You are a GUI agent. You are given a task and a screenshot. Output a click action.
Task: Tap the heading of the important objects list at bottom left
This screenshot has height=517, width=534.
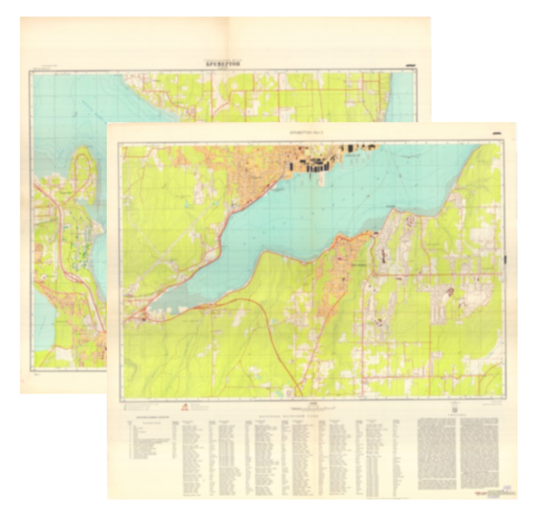click(x=150, y=417)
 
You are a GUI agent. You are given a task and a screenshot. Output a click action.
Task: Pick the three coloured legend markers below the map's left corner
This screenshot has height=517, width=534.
click(x=126, y=407)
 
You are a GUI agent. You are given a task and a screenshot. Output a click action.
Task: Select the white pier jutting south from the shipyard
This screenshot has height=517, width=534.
click(x=320, y=179)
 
